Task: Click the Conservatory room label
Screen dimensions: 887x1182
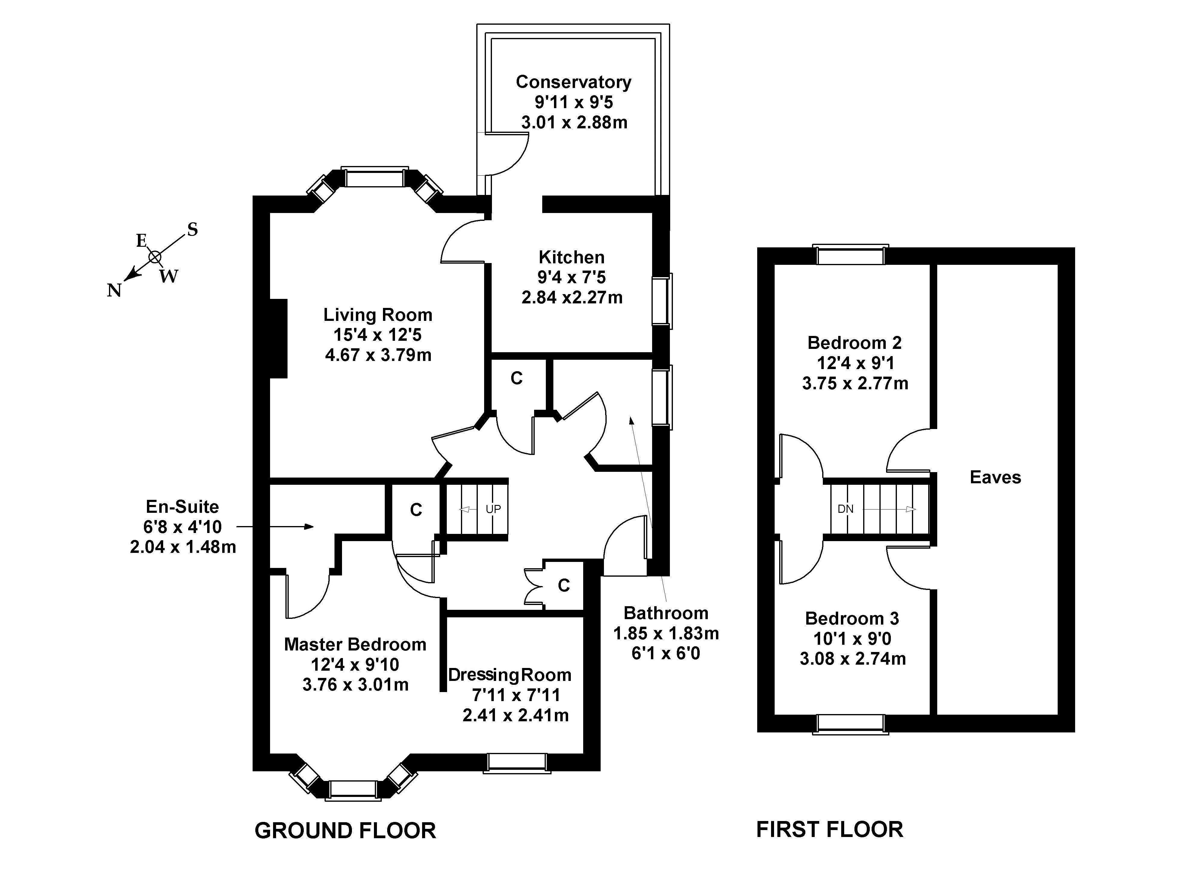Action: coord(573,82)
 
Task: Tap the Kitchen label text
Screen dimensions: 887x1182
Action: coord(571,257)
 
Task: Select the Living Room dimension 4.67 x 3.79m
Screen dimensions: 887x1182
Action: coord(378,355)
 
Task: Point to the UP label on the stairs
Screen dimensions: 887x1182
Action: coord(493,509)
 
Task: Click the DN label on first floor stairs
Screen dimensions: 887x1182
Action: coord(845,509)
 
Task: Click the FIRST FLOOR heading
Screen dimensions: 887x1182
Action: coord(829,829)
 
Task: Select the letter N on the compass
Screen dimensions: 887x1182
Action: coord(114,290)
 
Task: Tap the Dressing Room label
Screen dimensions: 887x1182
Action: coord(509,675)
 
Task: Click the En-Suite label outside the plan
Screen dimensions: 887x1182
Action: coord(182,506)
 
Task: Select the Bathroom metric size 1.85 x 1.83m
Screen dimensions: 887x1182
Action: coord(666,634)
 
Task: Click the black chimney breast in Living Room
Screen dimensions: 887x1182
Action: coord(278,338)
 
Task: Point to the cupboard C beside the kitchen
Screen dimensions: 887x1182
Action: coord(516,378)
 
